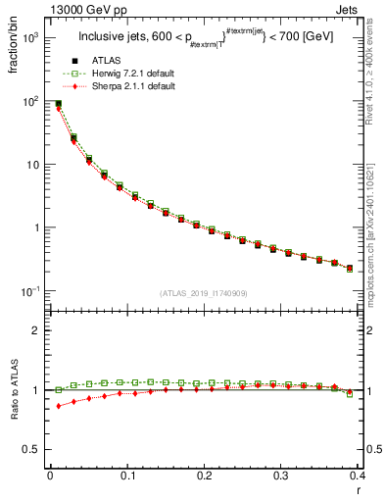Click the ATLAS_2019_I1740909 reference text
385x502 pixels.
click(205, 293)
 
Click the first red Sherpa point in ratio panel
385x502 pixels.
click(58, 406)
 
